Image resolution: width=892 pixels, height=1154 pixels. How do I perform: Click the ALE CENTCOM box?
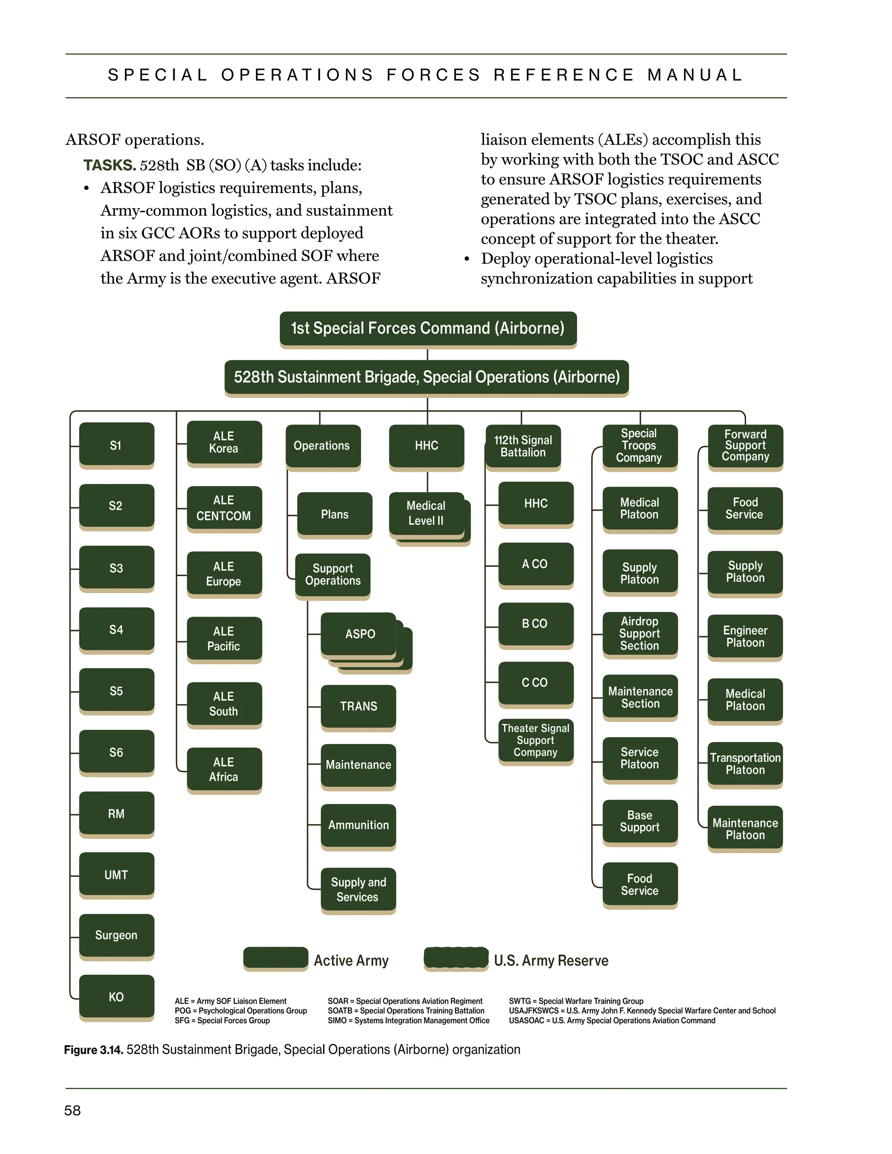224,508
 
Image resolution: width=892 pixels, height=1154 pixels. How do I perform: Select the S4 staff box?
116,629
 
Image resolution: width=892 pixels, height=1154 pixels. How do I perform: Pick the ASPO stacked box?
359,634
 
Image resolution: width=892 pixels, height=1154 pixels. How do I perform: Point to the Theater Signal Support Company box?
535,740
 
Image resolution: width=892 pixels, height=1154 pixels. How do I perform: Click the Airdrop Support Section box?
639,633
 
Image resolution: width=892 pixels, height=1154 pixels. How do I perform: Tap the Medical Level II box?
426,513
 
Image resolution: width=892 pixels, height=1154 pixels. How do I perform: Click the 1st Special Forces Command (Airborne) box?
428,328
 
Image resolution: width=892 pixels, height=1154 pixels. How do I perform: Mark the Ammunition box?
358,825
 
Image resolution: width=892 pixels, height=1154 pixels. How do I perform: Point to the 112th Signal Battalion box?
523,446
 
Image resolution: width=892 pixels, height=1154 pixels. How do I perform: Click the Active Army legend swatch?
275,958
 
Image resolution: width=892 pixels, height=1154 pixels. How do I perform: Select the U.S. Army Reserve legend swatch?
456,958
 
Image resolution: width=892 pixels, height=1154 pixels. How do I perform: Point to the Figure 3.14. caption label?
94,1050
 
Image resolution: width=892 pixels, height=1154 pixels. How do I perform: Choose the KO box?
116,996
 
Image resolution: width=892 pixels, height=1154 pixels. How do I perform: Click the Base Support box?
639,821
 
